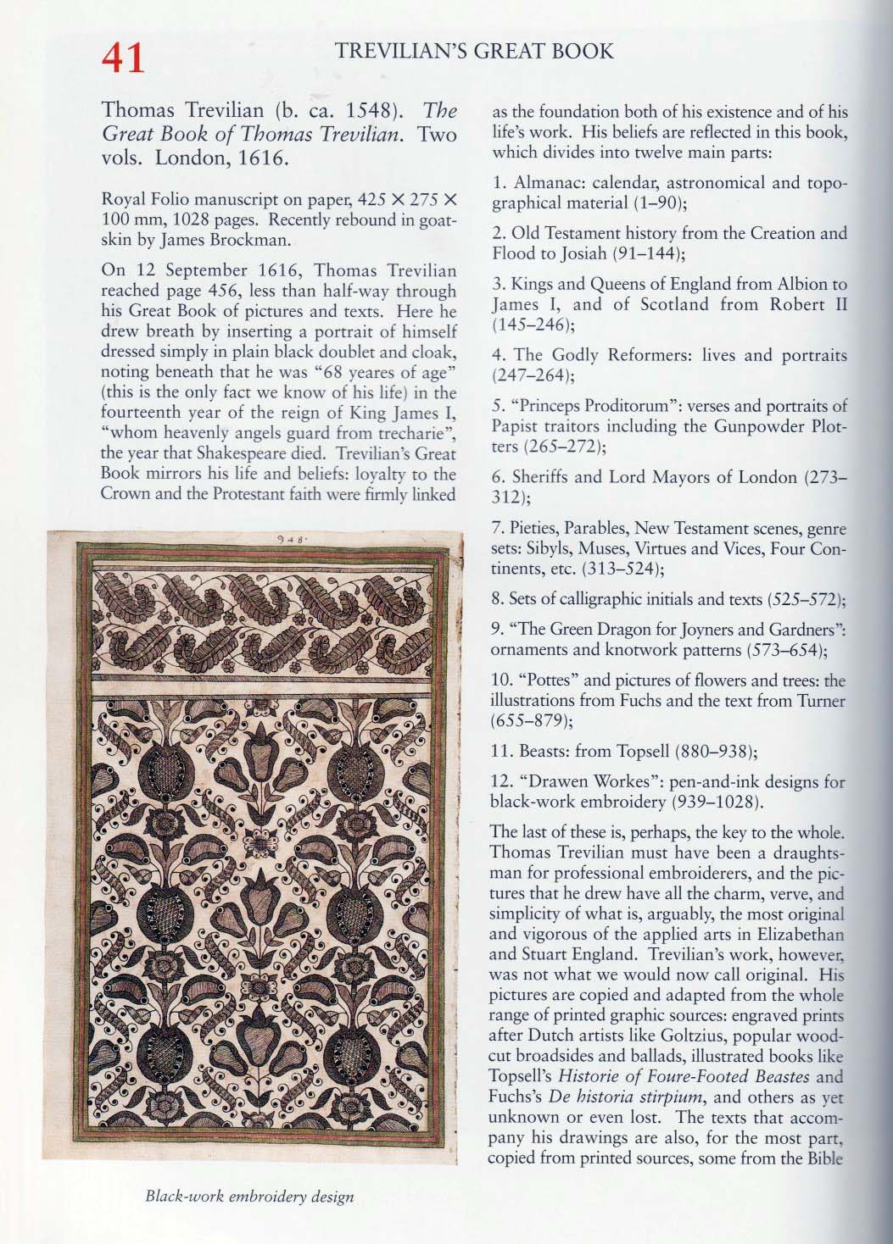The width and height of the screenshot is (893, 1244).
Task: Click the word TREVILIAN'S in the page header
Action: click(402, 51)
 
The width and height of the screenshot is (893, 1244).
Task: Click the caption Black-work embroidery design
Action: click(249, 1197)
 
